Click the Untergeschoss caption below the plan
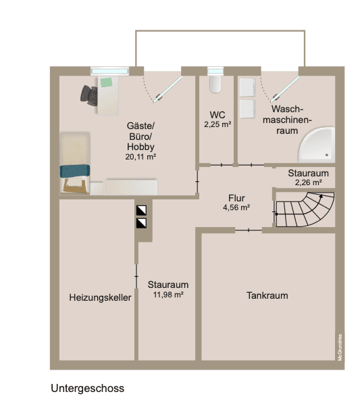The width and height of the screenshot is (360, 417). [87, 389]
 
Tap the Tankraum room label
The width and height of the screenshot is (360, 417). [267, 295]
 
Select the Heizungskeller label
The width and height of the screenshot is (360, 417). [100, 297]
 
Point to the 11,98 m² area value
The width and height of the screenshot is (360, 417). [168, 295]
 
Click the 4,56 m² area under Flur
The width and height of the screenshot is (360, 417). [236, 207]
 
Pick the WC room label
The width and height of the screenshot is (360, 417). [217, 115]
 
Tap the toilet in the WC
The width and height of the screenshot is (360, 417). [215, 84]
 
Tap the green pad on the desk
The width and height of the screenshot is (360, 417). [107, 82]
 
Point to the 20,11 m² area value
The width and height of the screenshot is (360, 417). [140, 156]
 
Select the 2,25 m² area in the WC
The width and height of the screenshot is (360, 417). [217, 124]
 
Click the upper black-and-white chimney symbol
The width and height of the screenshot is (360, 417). [141, 210]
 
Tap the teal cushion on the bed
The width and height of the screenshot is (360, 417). [74, 171]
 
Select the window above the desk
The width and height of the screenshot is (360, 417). [110, 70]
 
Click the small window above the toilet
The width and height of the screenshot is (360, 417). [215, 70]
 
